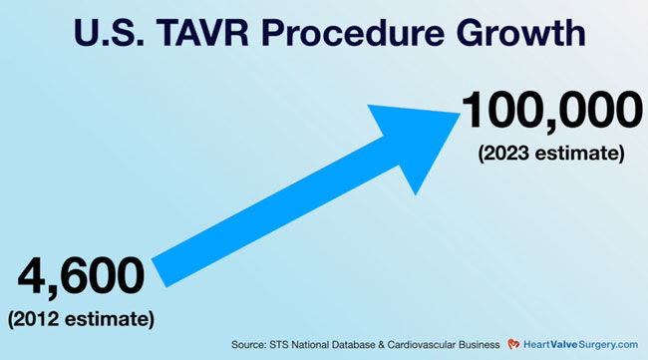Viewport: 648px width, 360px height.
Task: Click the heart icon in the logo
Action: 510,345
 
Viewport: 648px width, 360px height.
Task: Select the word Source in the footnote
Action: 249,345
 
